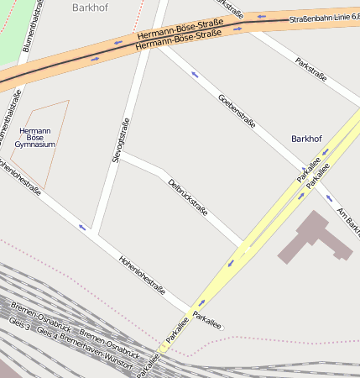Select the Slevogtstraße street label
coord(121,139)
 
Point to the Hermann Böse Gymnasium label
coord(35,138)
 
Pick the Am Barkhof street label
coord(347,219)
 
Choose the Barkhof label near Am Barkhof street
coord(306,138)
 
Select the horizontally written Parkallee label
coord(207,317)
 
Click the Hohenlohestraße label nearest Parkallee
coord(141,276)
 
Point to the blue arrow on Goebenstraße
coord(195,75)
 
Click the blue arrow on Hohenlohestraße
coord(82,226)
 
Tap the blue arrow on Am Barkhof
coord(329,199)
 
